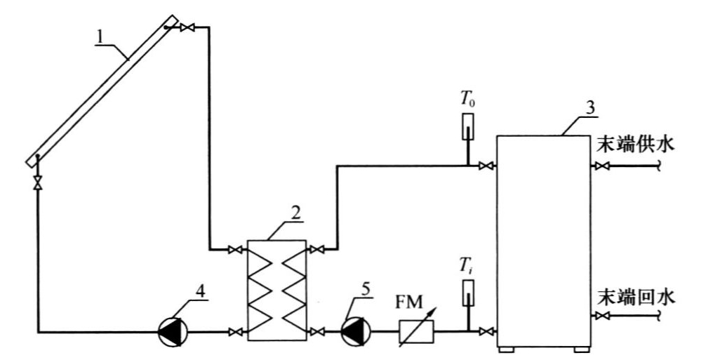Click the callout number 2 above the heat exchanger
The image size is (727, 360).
[x=295, y=213]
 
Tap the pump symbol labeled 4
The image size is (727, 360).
[x=173, y=332]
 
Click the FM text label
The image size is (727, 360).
[x=409, y=303]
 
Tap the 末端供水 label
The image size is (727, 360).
[x=635, y=143]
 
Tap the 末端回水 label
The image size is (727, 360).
[x=635, y=296]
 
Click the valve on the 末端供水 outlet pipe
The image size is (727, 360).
[x=603, y=166]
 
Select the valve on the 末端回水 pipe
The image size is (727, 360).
[x=603, y=316]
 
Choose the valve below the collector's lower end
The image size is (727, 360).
[x=38, y=182]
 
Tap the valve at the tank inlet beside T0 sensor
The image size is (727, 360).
[x=486, y=166]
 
